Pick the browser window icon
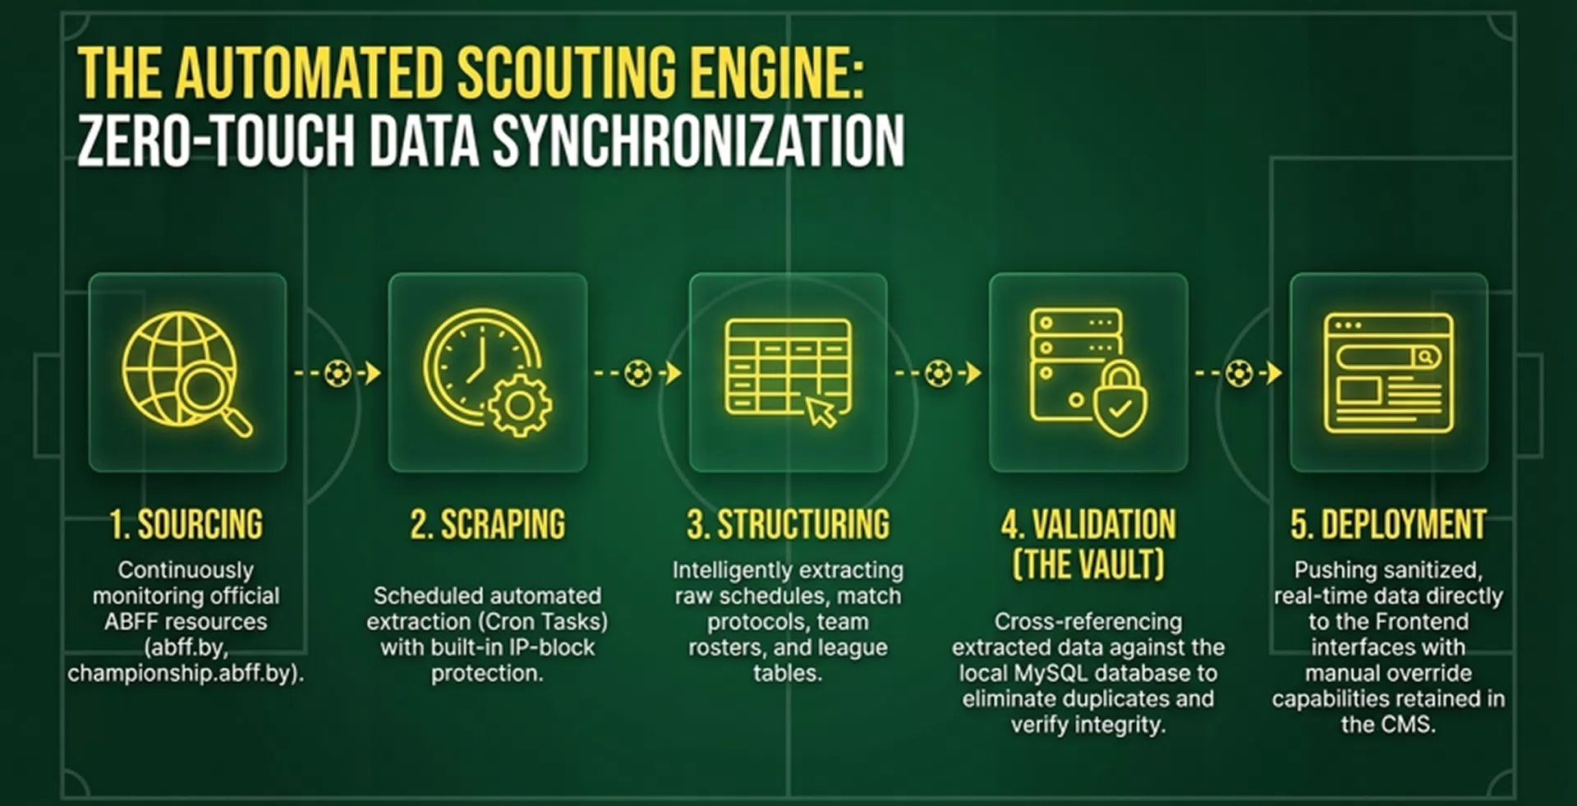click(1388, 372)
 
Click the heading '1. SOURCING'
click(186, 524)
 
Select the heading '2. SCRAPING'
click(488, 524)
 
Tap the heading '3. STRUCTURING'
click(788, 524)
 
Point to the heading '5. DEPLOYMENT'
click(1388, 524)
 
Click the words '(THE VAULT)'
click(1088, 565)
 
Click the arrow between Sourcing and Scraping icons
click(338, 373)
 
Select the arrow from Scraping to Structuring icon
click(638, 373)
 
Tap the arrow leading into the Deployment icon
click(1239, 373)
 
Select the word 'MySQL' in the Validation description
click(1051, 674)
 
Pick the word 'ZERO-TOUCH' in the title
click(216, 140)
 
